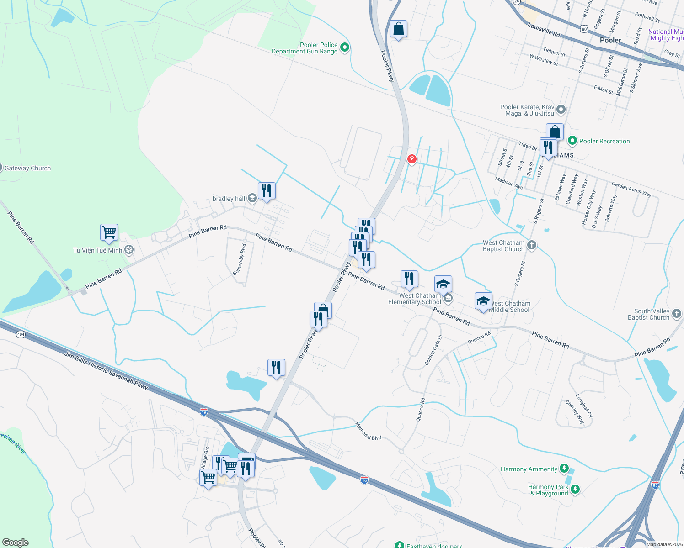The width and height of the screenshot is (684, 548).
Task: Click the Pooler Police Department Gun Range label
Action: click(305, 48)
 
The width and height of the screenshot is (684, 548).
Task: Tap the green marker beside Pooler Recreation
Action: click(572, 141)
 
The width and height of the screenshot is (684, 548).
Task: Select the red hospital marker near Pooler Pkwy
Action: click(412, 159)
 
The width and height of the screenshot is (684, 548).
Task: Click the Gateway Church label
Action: click(27, 168)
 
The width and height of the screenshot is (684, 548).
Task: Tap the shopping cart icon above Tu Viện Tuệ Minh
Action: click(109, 232)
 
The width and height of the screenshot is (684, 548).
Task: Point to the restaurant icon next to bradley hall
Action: click(267, 190)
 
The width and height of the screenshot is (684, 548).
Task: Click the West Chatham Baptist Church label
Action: click(503, 246)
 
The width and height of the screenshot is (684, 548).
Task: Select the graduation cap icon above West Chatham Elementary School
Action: click(443, 284)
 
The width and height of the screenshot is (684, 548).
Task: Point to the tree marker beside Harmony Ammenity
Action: click(564, 469)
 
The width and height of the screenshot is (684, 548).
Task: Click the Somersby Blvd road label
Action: click(240, 259)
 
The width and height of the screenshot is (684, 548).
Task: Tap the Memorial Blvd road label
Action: click(368, 431)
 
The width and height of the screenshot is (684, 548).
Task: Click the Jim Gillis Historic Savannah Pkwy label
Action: click(106, 370)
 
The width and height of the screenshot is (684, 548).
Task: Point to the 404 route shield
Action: click(21, 334)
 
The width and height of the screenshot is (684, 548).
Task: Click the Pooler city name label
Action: click(610, 40)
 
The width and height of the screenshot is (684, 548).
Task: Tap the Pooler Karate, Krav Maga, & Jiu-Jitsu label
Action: click(527, 110)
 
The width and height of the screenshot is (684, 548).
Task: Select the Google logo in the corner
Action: click(16, 543)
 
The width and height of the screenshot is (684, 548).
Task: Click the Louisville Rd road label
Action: click(544, 30)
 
